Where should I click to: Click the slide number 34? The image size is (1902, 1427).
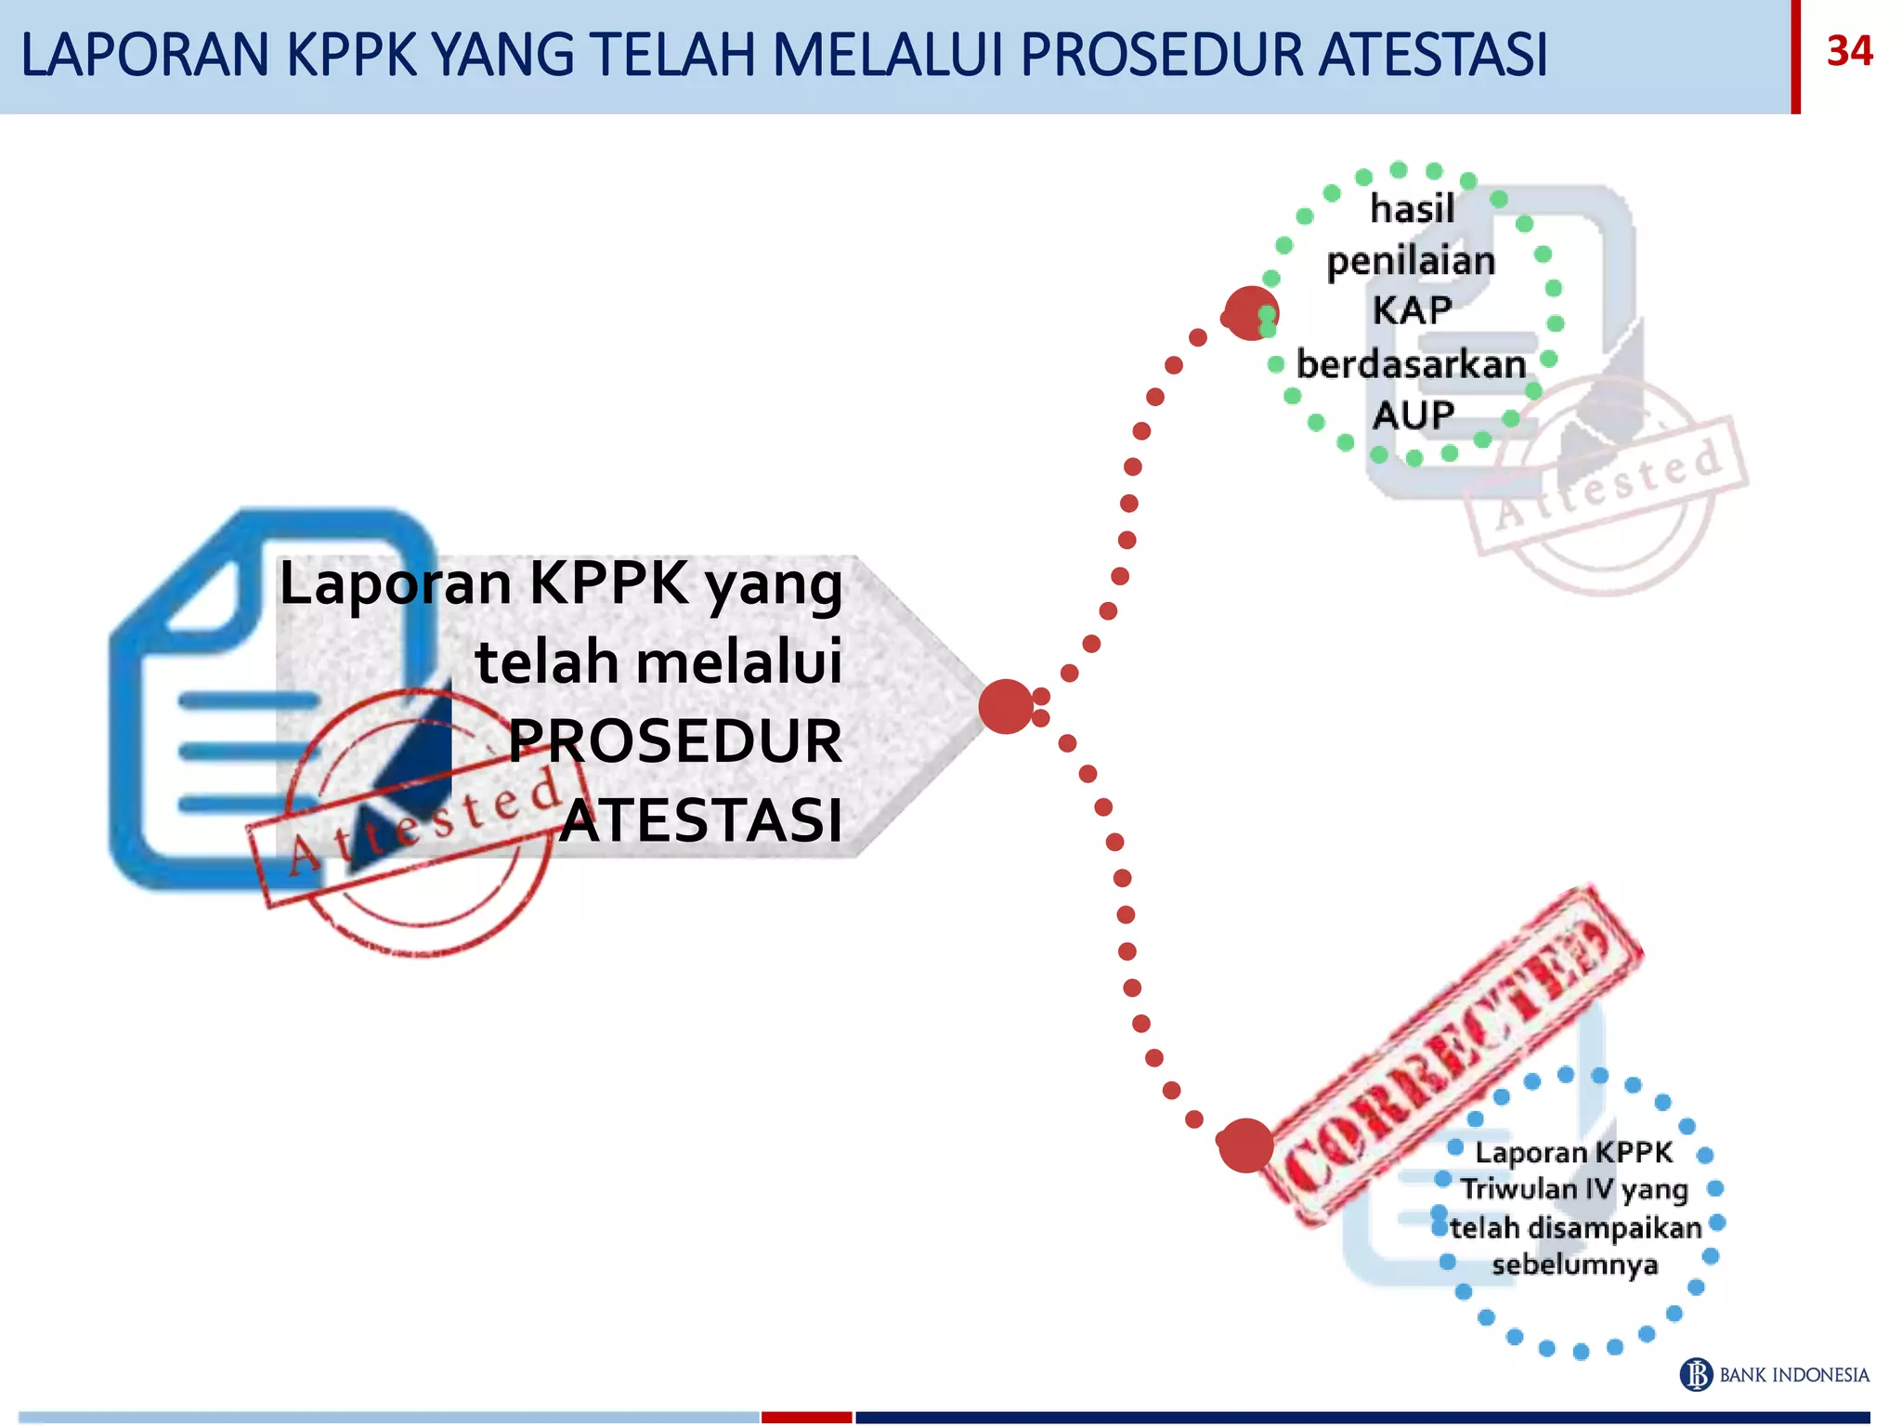[x=1849, y=51]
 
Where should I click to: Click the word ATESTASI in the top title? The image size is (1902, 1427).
[x=1433, y=55]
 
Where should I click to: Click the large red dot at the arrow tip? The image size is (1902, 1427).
[x=1006, y=706]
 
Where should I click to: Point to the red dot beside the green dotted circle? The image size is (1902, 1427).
[x=1250, y=313]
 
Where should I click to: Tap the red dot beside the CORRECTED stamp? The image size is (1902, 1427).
[x=1245, y=1145]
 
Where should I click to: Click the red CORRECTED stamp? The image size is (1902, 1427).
[x=1449, y=1054]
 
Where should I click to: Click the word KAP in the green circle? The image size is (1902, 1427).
[x=1412, y=311]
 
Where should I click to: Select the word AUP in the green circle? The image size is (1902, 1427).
[x=1413, y=415]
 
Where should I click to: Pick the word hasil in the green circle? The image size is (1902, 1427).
[x=1413, y=209]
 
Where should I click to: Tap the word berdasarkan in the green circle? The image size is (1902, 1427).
[x=1412, y=364]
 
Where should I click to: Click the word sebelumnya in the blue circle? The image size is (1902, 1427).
[x=1575, y=1264]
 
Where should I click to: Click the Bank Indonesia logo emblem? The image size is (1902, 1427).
[x=1696, y=1374]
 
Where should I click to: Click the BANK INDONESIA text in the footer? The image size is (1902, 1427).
[x=1794, y=1375]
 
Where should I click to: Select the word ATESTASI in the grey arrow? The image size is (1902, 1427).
[x=702, y=820]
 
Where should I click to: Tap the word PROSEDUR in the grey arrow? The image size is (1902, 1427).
[x=675, y=741]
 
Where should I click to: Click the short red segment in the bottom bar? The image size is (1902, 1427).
[x=806, y=1417]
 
